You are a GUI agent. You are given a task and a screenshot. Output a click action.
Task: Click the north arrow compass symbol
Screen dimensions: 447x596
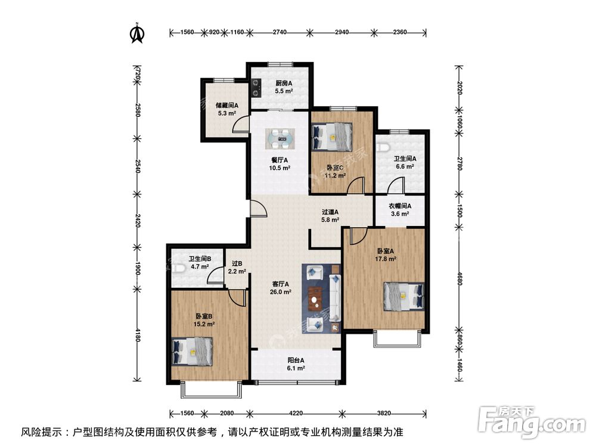click(x=138, y=33)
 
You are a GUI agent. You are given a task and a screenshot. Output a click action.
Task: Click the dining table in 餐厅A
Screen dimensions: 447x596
click(x=280, y=139)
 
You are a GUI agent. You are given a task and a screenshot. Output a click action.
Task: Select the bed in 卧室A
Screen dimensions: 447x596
click(x=404, y=296)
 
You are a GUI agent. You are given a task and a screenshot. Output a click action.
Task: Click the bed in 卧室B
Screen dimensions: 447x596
click(x=192, y=351)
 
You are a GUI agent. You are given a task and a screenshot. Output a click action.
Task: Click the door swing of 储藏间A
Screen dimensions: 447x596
click(x=241, y=123)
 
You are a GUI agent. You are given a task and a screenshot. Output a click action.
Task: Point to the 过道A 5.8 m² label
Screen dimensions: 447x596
click(x=330, y=215)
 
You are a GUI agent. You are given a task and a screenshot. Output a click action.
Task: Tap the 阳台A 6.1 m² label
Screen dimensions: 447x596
click(x=296, y=364)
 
